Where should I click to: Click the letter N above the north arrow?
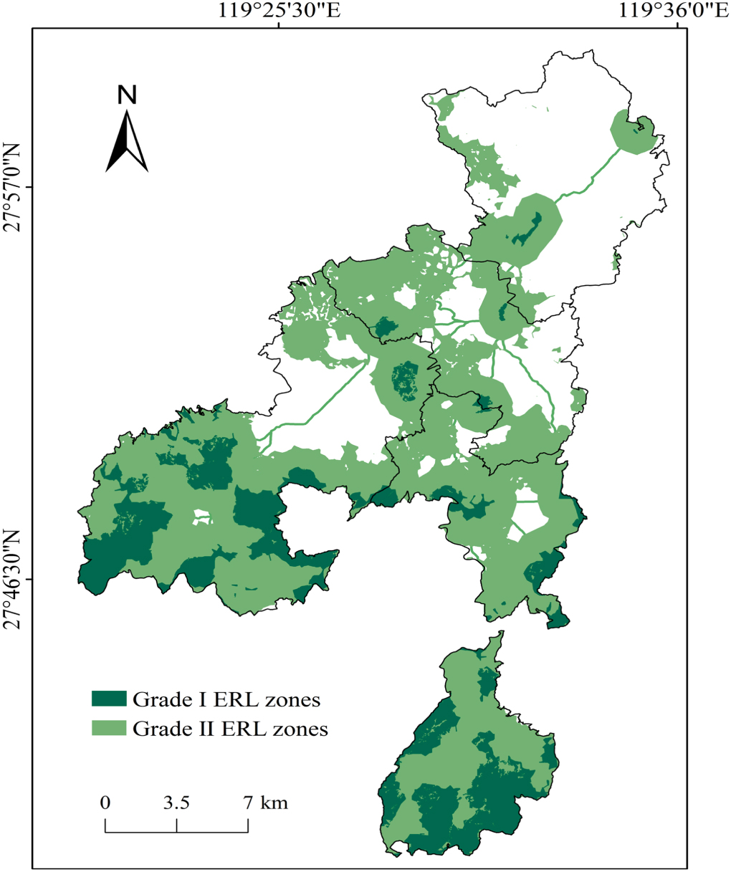coord(127,95)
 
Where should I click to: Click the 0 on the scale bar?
coord(105,802)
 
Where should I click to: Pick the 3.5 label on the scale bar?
coord(176,802)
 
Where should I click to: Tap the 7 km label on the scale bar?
coord(266,802)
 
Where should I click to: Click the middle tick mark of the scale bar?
coord(176,826)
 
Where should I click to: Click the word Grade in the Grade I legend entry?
coord(155,699)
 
